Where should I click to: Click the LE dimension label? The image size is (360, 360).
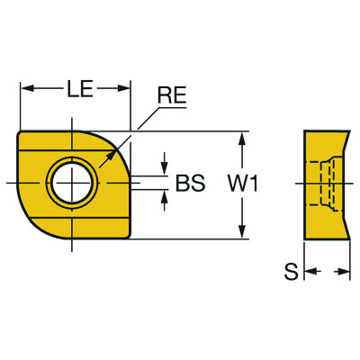pyautogui.click(x=76, y=88)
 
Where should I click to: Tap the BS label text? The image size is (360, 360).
pyautogui.click(x=190, y=184)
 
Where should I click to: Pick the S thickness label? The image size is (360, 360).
pyautogui.click(x=290, y=271)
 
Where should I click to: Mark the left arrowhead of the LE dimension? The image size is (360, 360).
pyautogui.click(x=26, y=89)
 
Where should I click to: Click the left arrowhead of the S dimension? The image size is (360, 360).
pyautogui.click(x=308, y=271)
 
